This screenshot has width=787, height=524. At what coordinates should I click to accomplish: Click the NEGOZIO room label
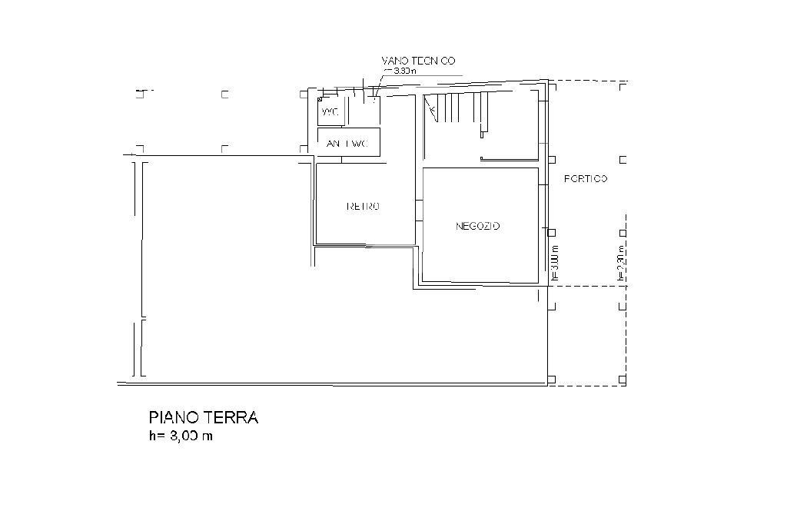(x=478, y=226)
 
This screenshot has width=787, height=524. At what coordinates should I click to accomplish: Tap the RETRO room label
(x=364, y=207)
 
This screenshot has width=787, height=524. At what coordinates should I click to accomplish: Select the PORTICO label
(x=586, y=179)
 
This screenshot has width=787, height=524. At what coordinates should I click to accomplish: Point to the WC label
(x=329, y=113)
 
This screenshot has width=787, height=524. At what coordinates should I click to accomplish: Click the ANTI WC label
(x=347, y=144)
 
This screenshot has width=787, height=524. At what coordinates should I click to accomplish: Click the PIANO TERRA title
(x=203, y=418)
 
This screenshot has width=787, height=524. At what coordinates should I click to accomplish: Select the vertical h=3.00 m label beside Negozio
(x=555, y=262)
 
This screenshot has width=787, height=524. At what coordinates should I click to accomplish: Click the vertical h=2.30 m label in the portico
(x=620, y=262)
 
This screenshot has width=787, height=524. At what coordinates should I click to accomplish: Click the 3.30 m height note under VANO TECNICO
(x=403, y=71)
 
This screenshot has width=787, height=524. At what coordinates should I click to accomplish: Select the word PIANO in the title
(x=174, y=418)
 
